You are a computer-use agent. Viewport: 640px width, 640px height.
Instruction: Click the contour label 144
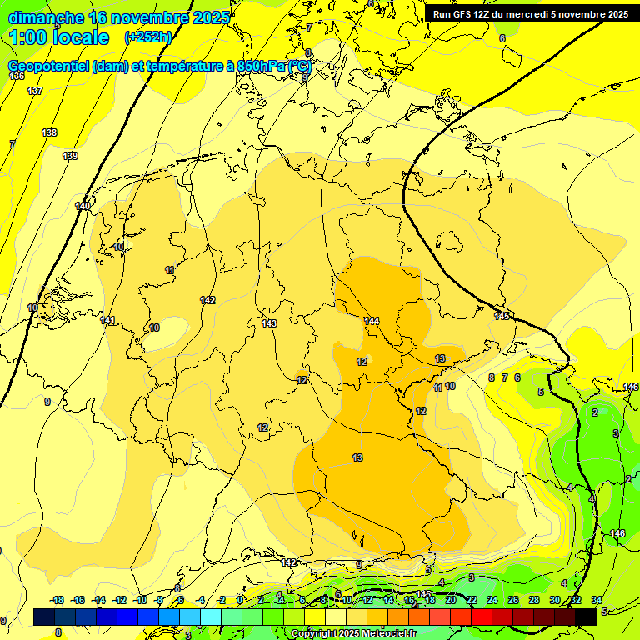pos(372,321)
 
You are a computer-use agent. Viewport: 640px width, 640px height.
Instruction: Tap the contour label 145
pos(502,316)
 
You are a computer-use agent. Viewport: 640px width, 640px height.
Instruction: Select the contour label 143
pos(269,323)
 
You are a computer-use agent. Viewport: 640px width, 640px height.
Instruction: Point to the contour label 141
pos(107,321)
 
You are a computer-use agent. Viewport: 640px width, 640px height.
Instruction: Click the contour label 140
pos(82,206)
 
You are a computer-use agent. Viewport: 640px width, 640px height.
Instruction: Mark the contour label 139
pos(70,156)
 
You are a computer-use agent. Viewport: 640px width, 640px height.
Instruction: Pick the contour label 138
pos(49,133)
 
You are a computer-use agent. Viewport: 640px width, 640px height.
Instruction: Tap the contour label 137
pos(35,91)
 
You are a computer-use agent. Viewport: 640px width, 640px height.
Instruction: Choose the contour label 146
pos(617,533)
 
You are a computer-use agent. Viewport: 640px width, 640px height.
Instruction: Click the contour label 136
pos(17,76)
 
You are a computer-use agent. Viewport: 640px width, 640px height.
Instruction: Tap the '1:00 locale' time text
pos(59,37)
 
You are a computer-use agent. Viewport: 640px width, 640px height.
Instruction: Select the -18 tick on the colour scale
pos(57,600)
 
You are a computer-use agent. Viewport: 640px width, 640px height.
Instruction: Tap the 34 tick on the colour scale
pos(597,600)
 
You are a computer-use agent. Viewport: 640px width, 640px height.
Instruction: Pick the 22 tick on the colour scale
pos(472,600)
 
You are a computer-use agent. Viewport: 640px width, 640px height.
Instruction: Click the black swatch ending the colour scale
pos(586,616)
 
